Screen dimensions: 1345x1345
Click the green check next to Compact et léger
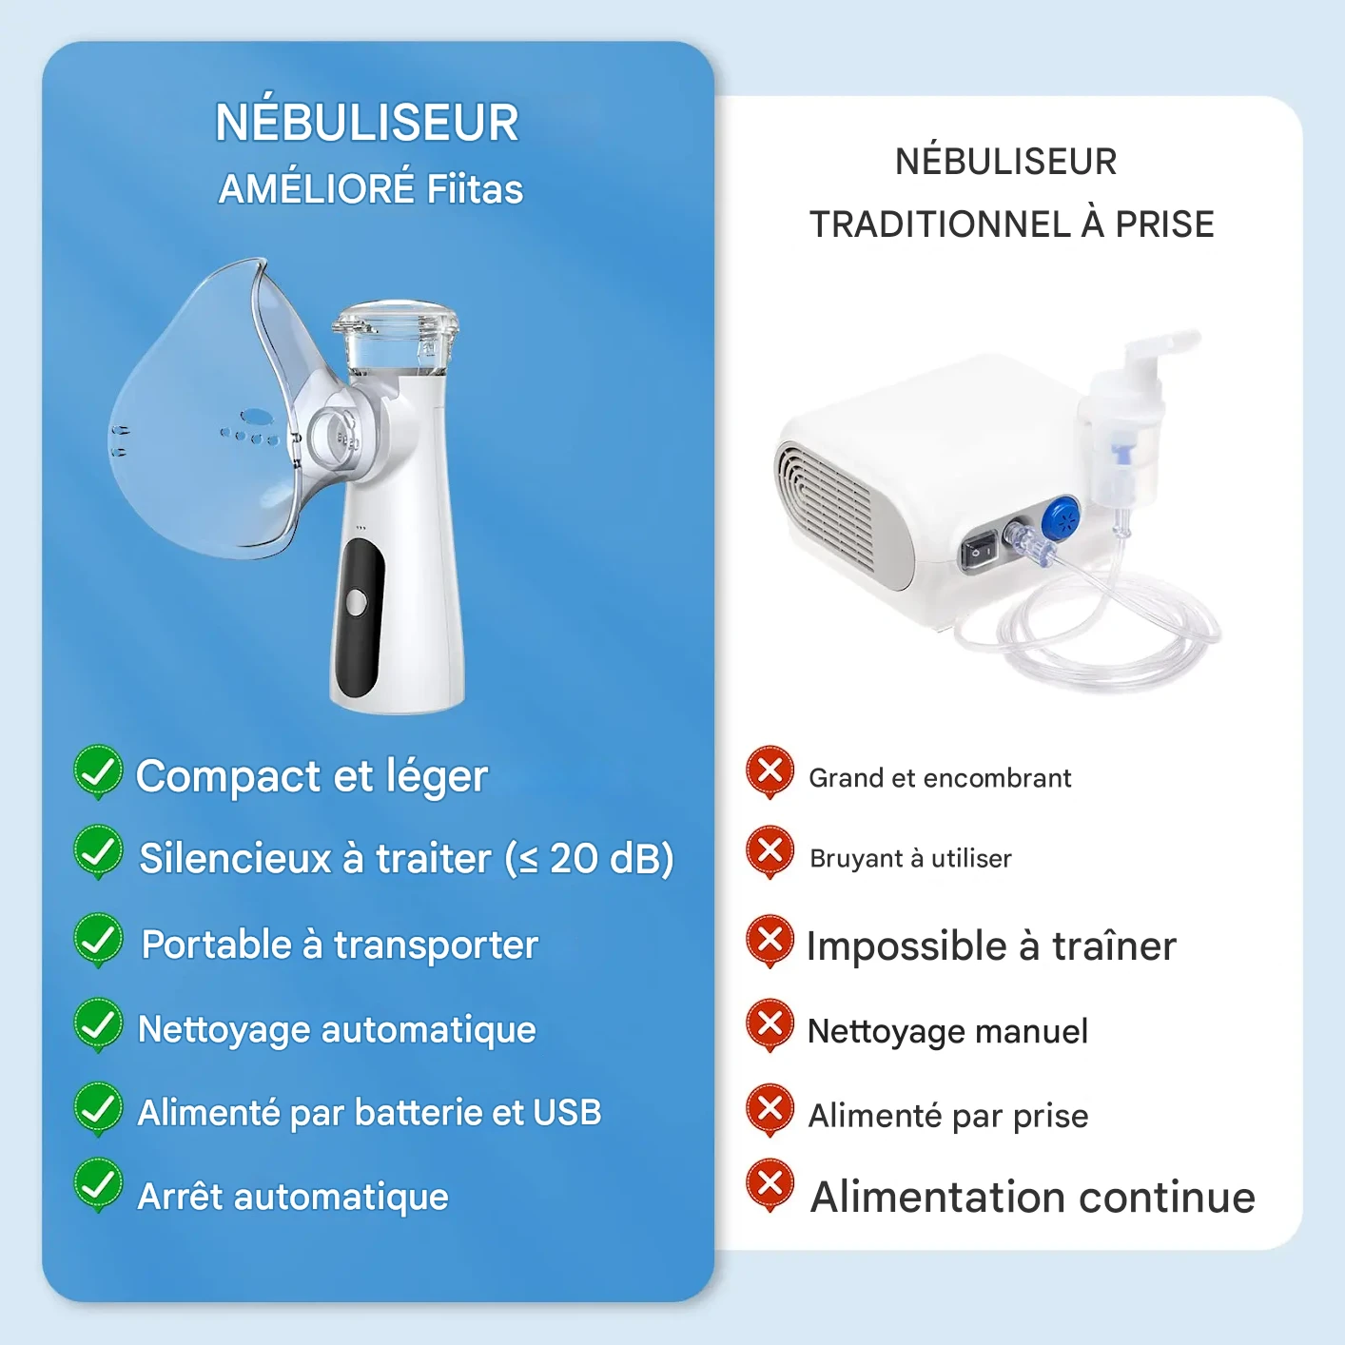pos(98,771)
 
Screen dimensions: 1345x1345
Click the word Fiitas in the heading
pos(475,188)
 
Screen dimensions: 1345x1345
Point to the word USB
pos(567,1112)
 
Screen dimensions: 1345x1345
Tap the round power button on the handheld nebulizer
pos(357,602)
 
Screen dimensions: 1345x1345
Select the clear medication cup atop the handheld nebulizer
pos(395,338)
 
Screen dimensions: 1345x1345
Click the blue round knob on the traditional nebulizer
pos(1061,519)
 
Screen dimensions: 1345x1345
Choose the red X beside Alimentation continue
pos(770,1183)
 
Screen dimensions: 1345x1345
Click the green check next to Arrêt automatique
pos(98,1183)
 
